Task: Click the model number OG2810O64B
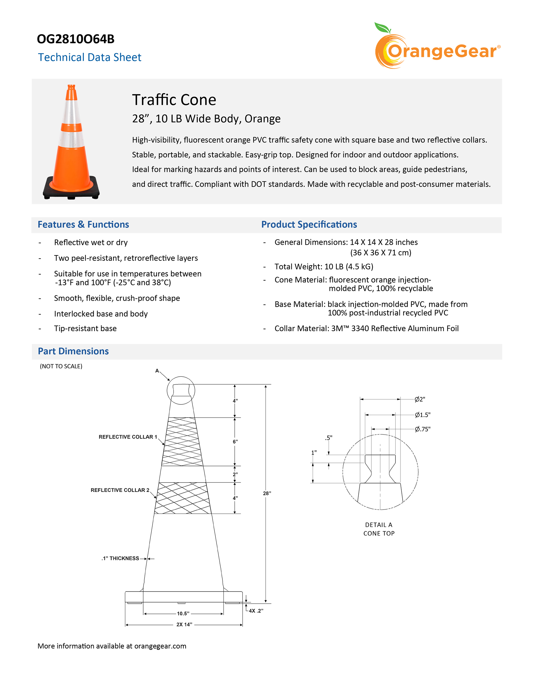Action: point(76,39)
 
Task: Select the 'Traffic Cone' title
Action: point(174,100)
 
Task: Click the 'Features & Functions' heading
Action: point(83,224)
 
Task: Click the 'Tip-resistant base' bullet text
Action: point(85,329)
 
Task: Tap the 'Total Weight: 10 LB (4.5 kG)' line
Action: point(324,267)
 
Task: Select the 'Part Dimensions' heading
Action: point(73,351)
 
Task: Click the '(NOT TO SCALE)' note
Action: point(61,366)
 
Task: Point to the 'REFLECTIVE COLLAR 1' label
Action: point(127,437)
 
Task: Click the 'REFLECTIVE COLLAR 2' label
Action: point(120,490)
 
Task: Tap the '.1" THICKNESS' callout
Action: point(120,558)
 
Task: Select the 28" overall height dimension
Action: point(267,493)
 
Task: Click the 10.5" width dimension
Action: point(183,613)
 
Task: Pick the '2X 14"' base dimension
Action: point(184,625)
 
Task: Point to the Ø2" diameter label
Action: point(420,399)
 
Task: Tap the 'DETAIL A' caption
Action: point(379,525)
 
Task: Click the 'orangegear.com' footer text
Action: point(160,646)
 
